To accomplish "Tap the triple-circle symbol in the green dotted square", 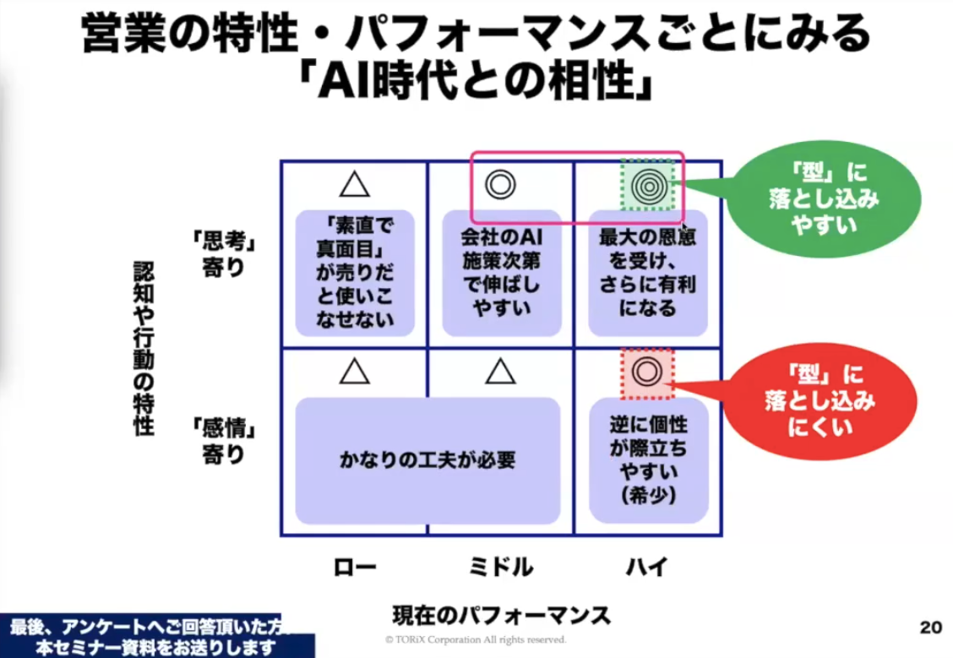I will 648,184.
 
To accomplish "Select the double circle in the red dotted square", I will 646,372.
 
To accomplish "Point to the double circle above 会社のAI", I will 500,183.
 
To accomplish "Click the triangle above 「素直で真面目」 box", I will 355,183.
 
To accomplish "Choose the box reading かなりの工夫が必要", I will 427,460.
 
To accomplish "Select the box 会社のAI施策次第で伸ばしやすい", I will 502,273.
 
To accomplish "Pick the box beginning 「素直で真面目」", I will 355,273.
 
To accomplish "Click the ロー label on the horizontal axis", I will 354,566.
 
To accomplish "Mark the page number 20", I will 930,627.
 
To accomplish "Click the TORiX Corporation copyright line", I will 476,640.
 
